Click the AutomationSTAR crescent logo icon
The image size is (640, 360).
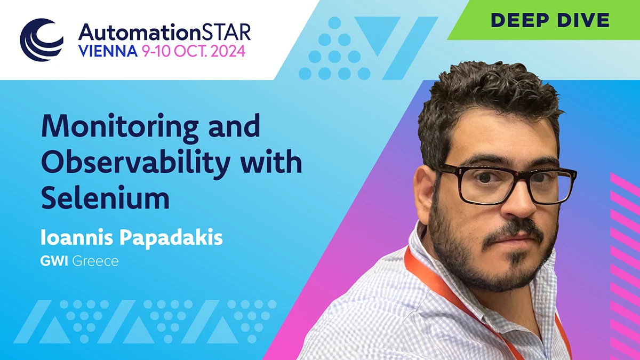[42, 40]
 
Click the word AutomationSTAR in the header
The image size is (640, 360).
[165, 33]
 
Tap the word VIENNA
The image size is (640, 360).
[108, 51]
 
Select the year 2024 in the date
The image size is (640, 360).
[228, 51]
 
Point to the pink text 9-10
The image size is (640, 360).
[156, 51]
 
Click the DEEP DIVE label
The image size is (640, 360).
[550, 20]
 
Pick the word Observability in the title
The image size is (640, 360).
[136, 163]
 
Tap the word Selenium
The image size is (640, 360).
[106, 197]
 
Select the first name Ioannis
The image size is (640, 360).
[77, 237]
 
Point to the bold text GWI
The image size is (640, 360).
[54, 261]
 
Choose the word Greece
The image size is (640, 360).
[95, 261]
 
